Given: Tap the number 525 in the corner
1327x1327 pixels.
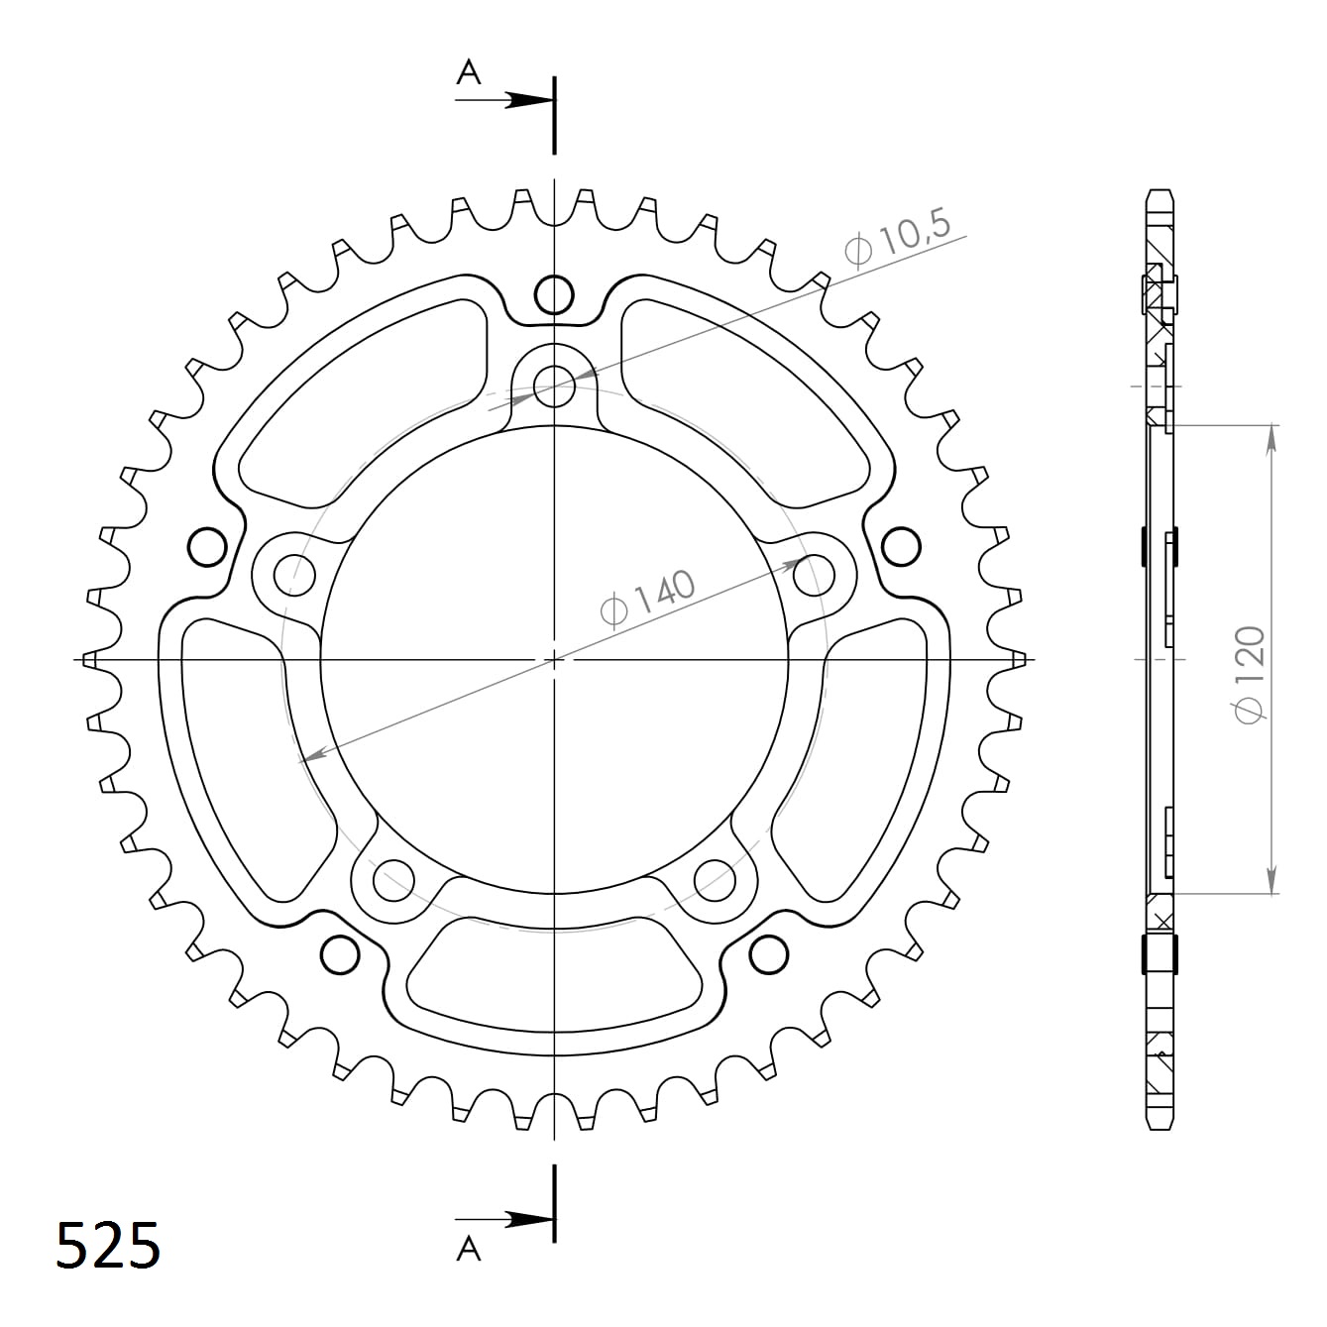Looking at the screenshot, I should [x=107, y=1245].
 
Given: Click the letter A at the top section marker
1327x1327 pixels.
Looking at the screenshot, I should [x=468, y=72].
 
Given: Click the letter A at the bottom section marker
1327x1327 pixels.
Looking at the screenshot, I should [x=468, y=1250].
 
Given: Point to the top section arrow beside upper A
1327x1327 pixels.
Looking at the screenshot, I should [x=525, y=100].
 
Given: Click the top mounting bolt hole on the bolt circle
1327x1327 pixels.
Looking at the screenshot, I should [x=554, y=386].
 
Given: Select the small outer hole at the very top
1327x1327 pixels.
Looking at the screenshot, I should [x=554, y=293].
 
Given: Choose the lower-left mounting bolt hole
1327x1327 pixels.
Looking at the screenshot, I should [x=393, y=877].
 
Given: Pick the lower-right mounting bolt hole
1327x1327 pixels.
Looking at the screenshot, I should [x=715, y=877].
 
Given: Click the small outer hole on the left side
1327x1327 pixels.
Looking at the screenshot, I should [x=207, y=546].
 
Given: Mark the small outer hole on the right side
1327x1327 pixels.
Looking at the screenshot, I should [x=901, y=546].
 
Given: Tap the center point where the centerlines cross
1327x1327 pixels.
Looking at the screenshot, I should [x=554, y=659].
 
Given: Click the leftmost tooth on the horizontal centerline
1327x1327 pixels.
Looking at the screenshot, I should [x=89, y=659].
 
